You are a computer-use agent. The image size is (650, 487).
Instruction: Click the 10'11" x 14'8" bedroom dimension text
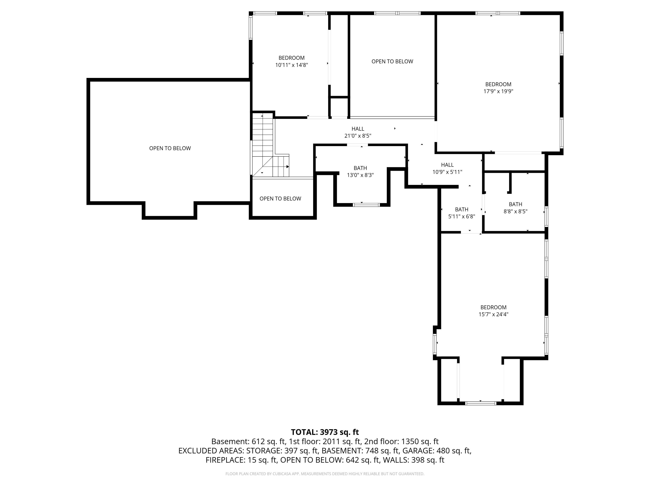[x=291, y=65]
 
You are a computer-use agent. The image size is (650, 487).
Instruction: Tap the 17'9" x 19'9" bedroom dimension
[x=498, y=91]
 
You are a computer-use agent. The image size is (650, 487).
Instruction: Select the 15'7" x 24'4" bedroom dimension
[x=493, y=314]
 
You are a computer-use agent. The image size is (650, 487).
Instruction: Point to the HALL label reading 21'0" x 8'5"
[x=358, y=132]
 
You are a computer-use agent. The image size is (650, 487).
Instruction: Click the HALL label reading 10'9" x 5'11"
[x=447, y=168]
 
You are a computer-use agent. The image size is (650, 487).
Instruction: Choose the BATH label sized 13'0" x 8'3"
[x=360, y=172]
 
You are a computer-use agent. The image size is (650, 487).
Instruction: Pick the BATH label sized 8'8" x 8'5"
[x=515, y=208]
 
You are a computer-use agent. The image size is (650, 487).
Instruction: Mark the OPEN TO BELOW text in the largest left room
[x=170, y=148]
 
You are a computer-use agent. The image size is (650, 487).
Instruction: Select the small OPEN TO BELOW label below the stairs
[x=280, y=199]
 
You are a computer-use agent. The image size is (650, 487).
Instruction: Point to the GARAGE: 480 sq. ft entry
[x=437, y=451]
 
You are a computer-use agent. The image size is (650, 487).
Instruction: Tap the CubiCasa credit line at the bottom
[x=325, y=474]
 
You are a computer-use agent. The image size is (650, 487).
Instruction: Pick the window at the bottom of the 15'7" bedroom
[x=481, y=403]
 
